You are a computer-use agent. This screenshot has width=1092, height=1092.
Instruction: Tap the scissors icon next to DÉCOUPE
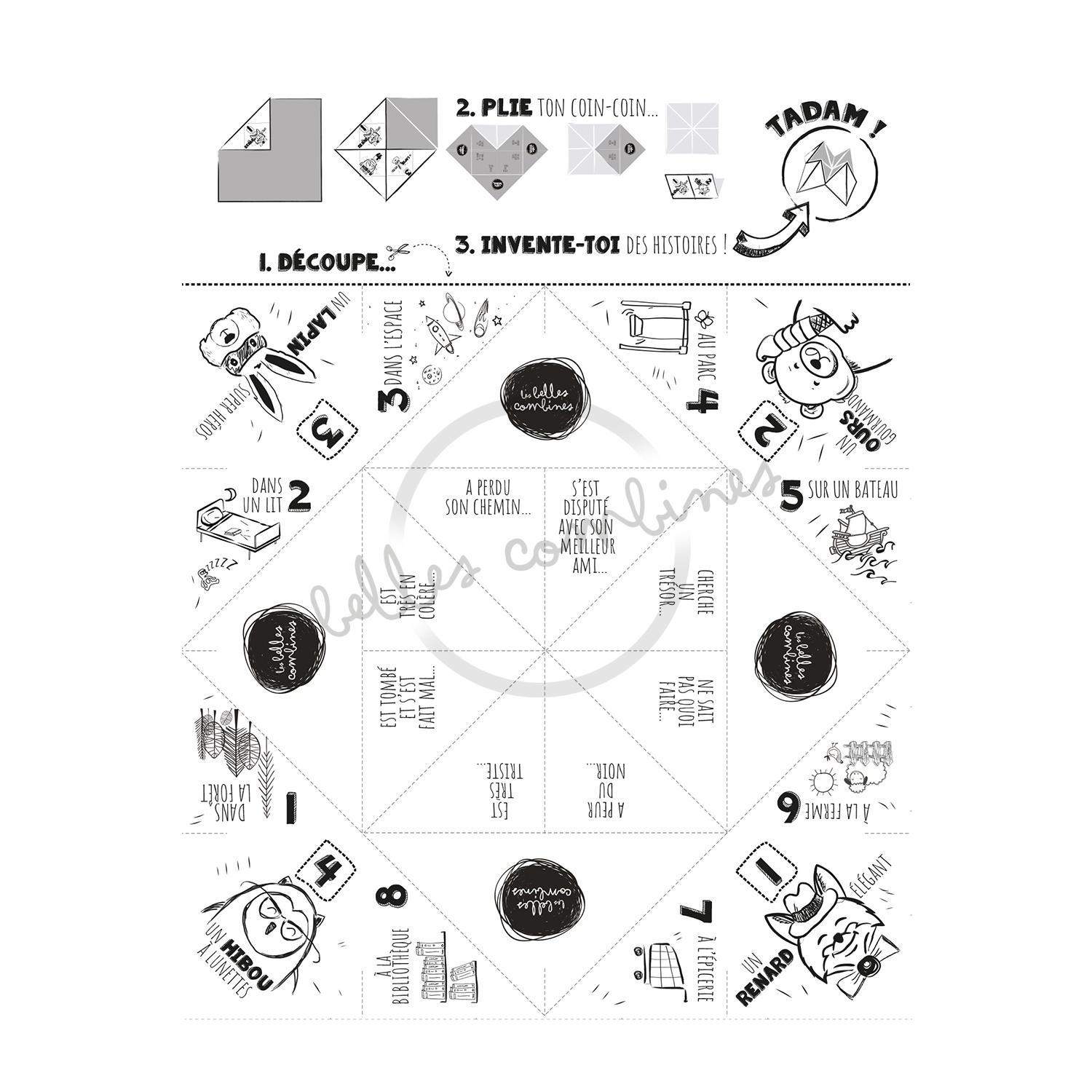point(397,253)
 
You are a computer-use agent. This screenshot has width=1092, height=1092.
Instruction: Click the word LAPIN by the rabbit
point(322,336)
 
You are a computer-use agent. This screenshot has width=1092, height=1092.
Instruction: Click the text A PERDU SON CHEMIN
point(487,496)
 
